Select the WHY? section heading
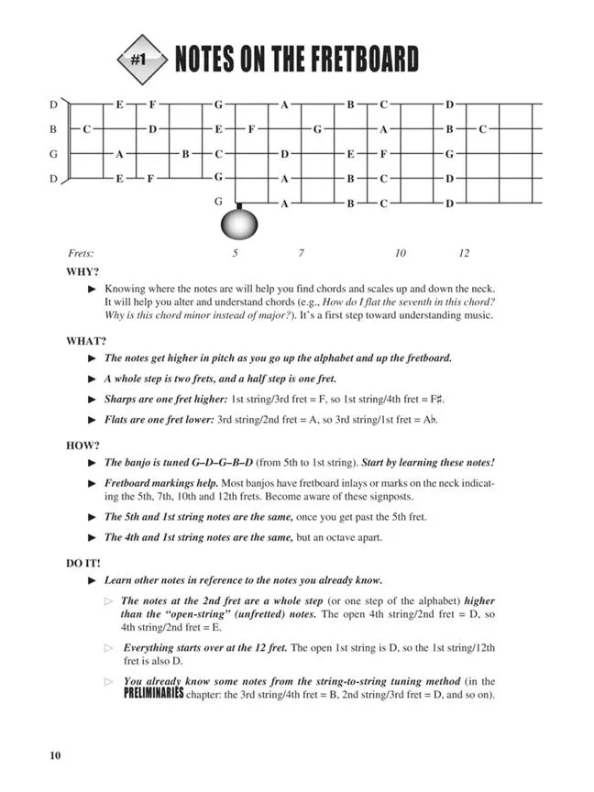pyautogui.click(x=82, y=272)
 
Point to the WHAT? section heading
pyautogui.click(x=85, y=341)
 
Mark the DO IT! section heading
pyautogui.click(x=83, y=562)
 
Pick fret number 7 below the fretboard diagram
pyautogui.click(x=300, y=252)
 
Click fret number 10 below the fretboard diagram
pyautogui.click(x=401, y=252)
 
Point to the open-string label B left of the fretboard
pyautogui.click(x=54, y=129)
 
